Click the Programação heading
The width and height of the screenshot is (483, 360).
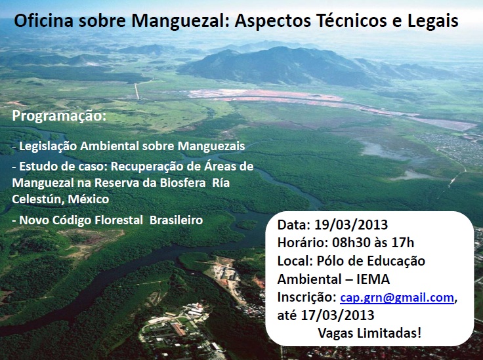click(x=59, y=117)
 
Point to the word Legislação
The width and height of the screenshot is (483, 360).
click(x=48, y=146)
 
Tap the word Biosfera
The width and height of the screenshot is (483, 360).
click(x=182, y=183)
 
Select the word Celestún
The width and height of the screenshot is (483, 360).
click(x=39, y=199)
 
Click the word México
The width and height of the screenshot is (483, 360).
click(x=89, y=199)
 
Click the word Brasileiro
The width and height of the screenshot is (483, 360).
click(x=176, y=220)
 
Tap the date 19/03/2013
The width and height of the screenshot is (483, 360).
click(x=351, y=225)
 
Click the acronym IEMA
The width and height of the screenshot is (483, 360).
click(x=373, y=279)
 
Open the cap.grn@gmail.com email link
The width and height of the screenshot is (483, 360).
click(x=397, y=298)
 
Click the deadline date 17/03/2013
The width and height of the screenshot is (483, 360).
click(x=337, y=315)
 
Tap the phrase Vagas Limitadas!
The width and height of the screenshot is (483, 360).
click(x=369, y=333)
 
